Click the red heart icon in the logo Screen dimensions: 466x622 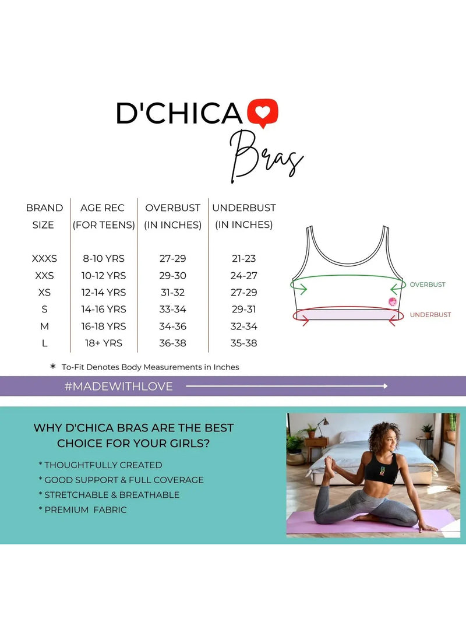[x=263, y=114]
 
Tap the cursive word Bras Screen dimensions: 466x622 [x=267, y=157]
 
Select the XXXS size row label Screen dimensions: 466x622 [x=44, y=259]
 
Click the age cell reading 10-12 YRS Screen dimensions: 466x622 [x=104, y=276]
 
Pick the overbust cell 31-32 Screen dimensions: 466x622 [x=173, y=293]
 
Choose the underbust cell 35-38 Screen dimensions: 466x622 [x=243, y=343]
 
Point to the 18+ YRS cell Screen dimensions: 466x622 [x=104, y=343]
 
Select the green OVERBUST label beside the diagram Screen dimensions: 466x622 [x=428, y=284]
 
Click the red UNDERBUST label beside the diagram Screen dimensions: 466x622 [x=430, y=315]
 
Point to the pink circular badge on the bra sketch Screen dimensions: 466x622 [x=392, y=302]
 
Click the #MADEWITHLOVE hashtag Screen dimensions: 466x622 [x=118, y=386]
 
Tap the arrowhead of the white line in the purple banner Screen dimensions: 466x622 [x=386, y=386]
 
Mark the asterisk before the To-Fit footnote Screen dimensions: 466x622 [x=53, y=366]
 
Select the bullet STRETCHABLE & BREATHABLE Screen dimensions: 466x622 [x=109, y=495]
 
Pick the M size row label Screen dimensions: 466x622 [x=44, y=326]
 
